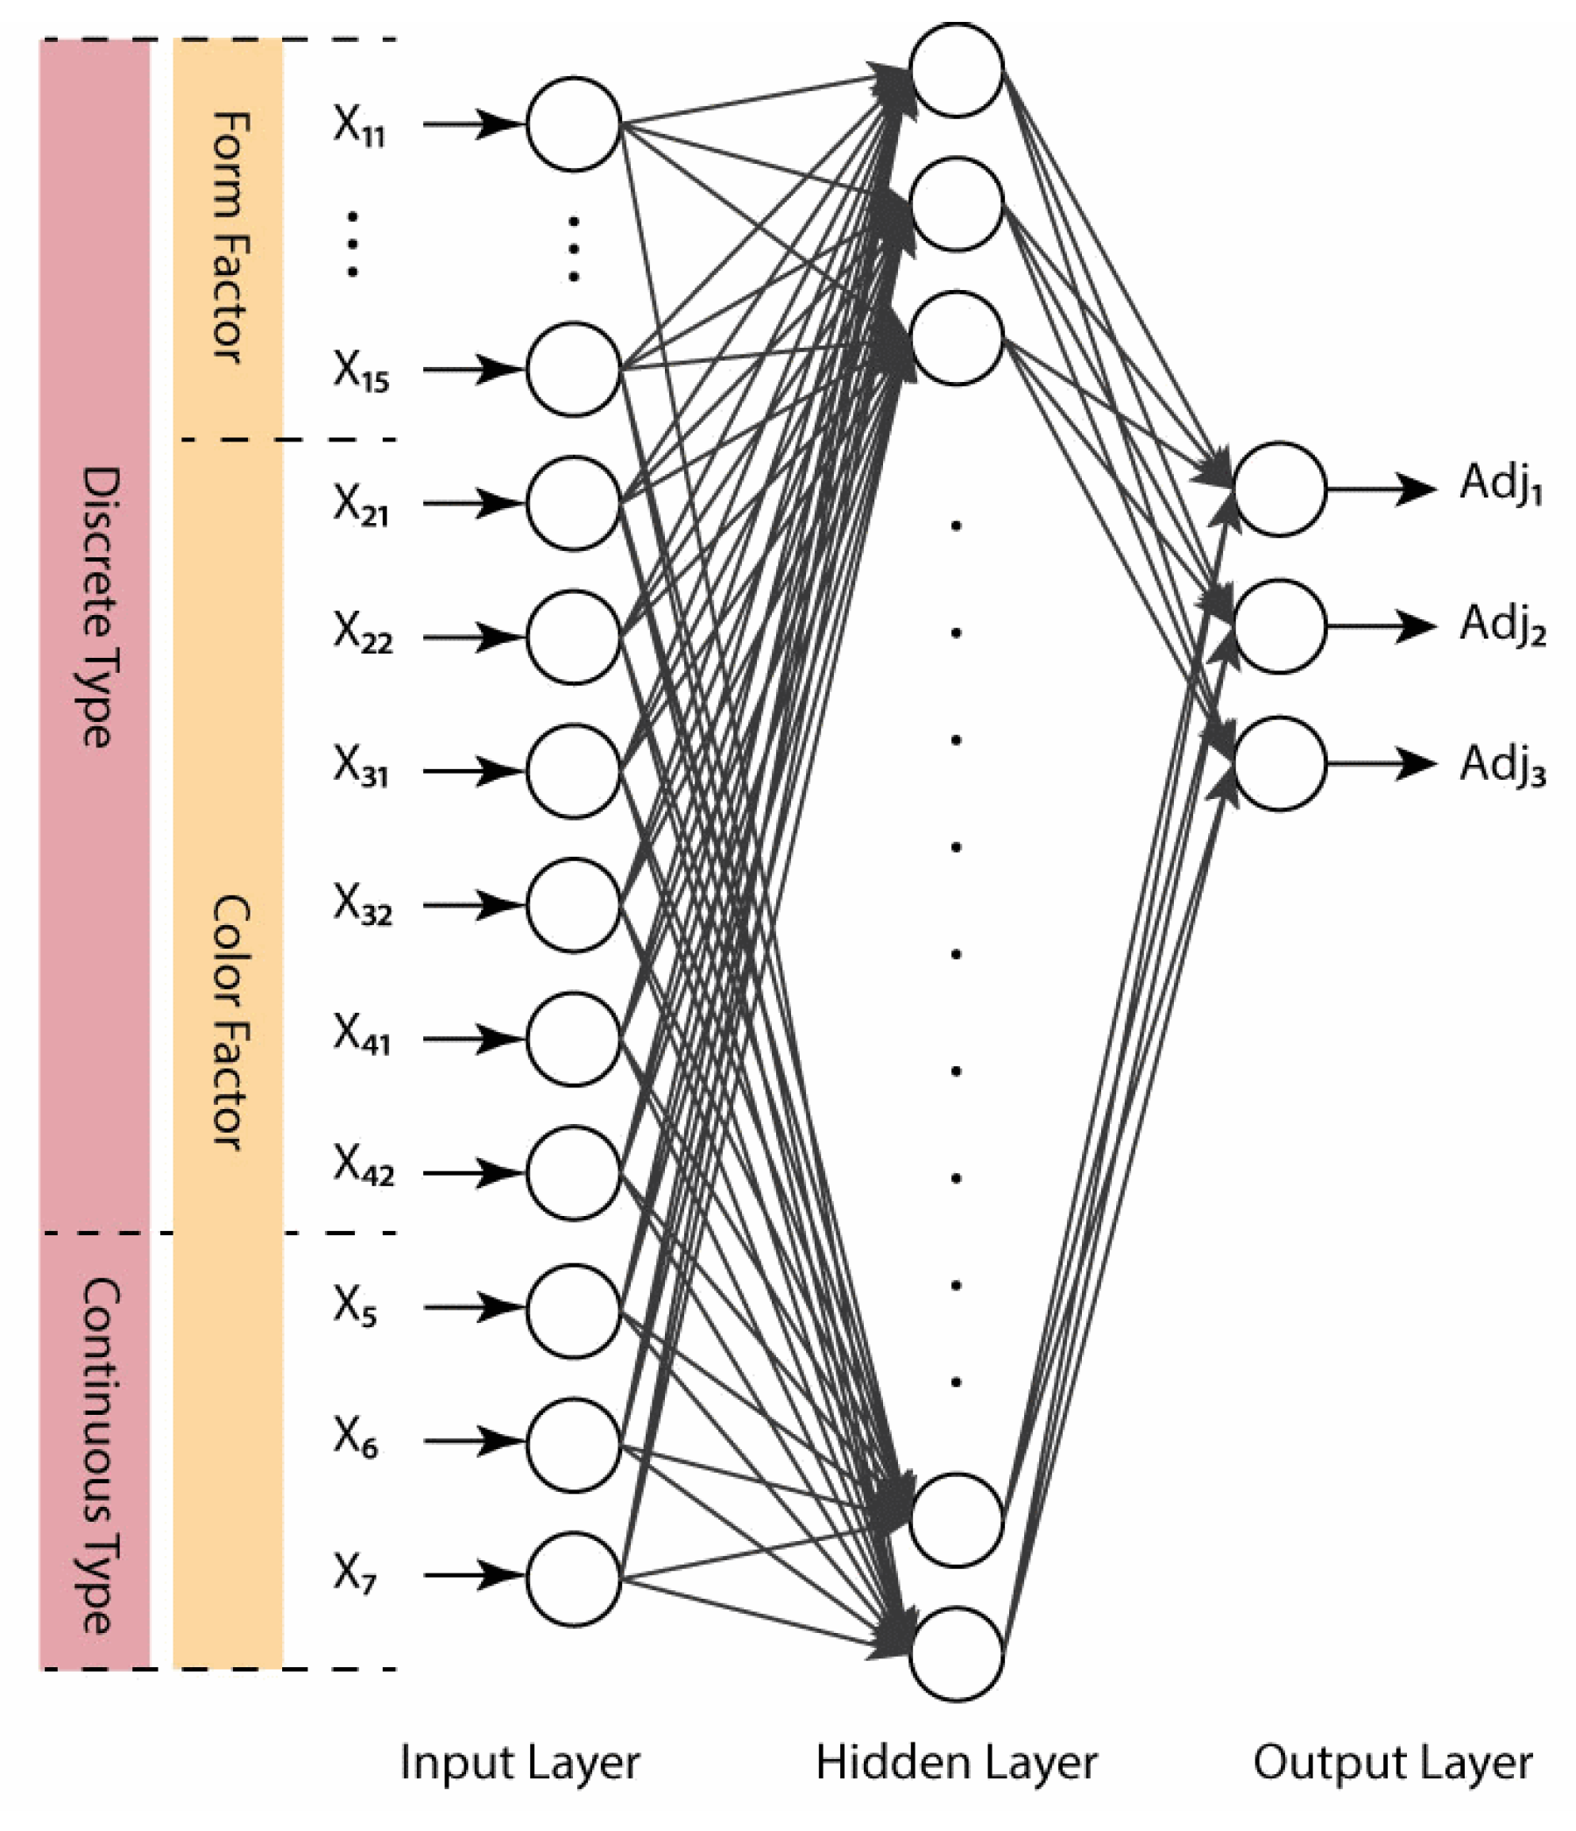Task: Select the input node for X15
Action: pyautogui.click(x=573, y=370)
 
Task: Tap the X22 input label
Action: pyautogui.click(x=362, y=633)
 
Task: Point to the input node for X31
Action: pyautogui.click(x=573, y=771)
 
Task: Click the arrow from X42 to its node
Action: pyautogui.click(x=472, y=1173)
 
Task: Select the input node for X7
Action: pyautogui.click(x=573, y=1579)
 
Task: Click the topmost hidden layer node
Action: pyautogui.click(x=956, y=70)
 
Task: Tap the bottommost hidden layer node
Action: pyautogui.click(x=956, y=1653)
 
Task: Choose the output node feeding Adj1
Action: pyautogui.click(x=1279, y=489)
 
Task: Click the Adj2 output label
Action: pyautogui.click(x=1502, y=625)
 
